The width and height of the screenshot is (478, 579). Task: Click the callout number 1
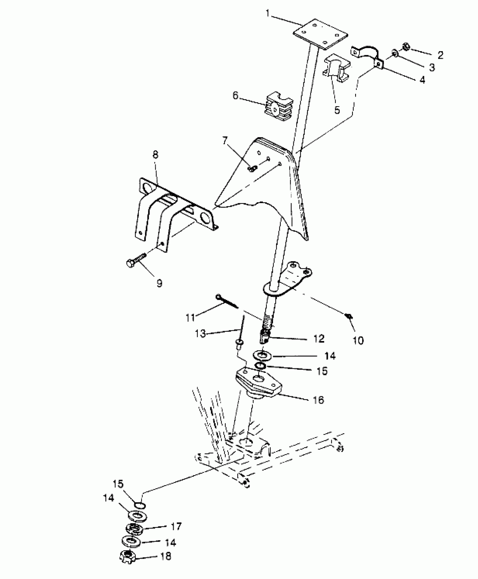[268, 13]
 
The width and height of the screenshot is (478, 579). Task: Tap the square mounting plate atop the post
[320, 34]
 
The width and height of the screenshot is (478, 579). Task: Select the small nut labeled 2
[406, 46]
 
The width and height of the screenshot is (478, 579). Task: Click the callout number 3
[432, 67]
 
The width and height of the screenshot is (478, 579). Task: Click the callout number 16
[319, 399]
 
